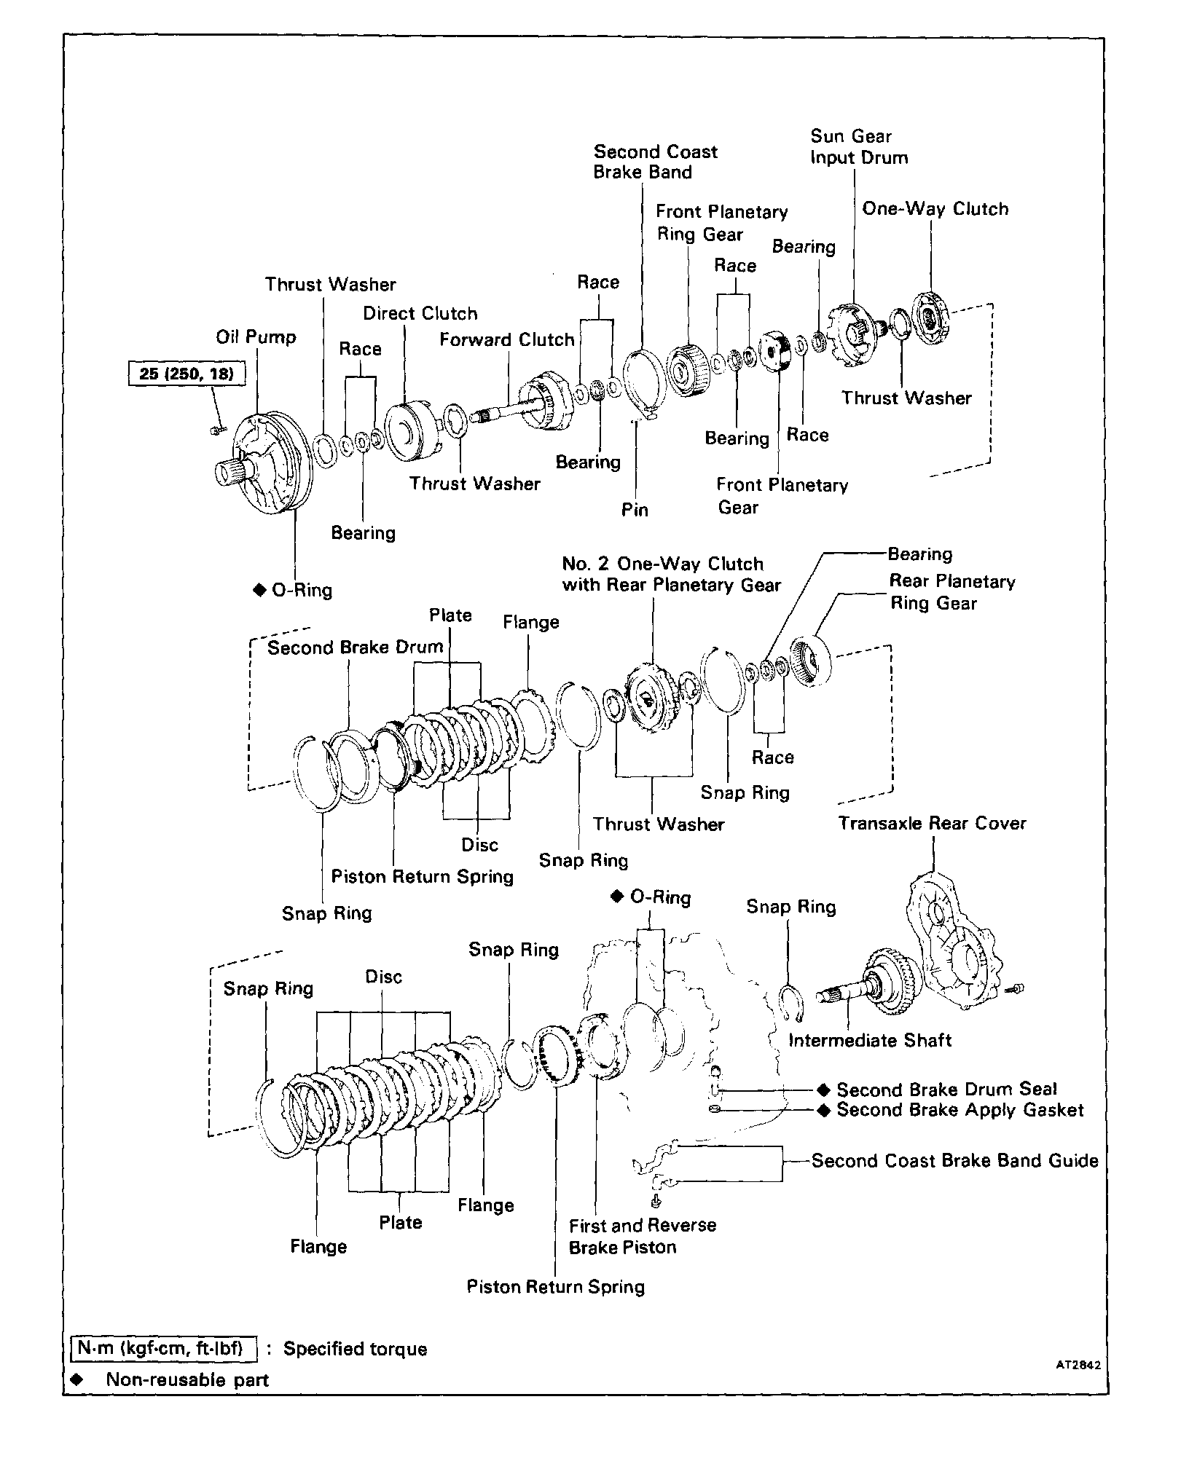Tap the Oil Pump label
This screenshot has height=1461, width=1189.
pos(256,337)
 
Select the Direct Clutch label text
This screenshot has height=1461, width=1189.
pos(420,314)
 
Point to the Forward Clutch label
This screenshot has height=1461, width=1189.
pos(506,340)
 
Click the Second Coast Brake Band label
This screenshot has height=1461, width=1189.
pos(654,162)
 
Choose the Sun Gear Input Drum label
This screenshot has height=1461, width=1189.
pos(858,147)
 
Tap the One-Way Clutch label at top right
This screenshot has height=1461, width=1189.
pos(935,209)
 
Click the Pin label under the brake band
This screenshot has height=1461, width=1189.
pos(634,510)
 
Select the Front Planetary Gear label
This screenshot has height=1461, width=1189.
pos(781,496)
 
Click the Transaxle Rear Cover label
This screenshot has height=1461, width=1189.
pos(932,824)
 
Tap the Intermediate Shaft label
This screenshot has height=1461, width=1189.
pos(870,1040)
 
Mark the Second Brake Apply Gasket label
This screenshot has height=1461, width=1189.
pos(959,1110)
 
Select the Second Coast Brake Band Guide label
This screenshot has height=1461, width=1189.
pos(954,1161)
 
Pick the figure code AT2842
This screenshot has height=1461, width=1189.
pos(1078,1366)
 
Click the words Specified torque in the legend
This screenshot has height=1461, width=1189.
pos(355,1349)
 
